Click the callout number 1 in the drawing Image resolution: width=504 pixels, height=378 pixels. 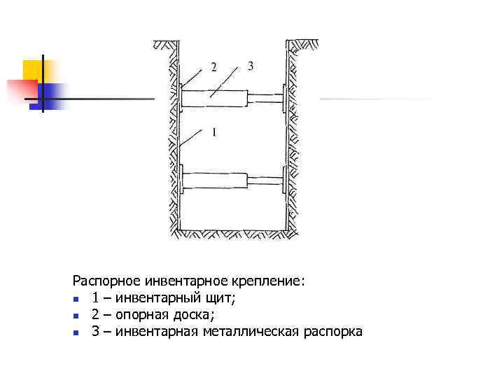[x=213, y=132]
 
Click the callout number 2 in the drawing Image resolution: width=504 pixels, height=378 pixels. [x=213, y=67]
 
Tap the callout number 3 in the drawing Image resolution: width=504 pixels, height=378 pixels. [x=250, y=66]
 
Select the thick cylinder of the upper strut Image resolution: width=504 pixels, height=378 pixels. [x=214, y=98]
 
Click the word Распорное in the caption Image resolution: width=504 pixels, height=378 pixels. [x=107, y=281]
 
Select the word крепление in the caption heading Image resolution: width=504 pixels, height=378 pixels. [x=269, y=281]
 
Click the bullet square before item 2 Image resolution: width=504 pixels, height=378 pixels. [x=77, y=316]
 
